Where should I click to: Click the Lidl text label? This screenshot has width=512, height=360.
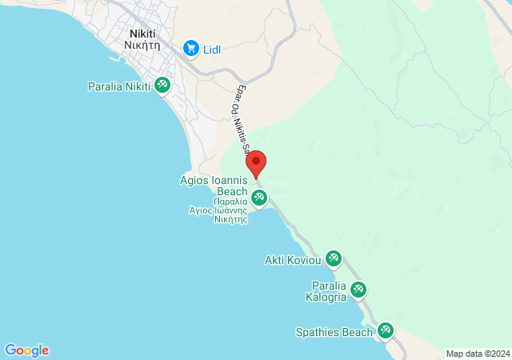tap(212, 50)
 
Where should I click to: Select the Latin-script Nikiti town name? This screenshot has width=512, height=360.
tap(145, 34)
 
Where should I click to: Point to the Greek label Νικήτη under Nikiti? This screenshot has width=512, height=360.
tap(145, 46)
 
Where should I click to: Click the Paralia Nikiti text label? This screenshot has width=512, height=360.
tap(119, 86)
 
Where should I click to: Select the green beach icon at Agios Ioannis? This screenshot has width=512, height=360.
tap(259, 198)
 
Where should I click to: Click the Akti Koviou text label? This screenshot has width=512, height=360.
tap(293, 260)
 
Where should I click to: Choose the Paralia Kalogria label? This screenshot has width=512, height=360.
tap(329, 291)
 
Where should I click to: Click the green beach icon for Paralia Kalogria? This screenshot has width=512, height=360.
tap(358, 289)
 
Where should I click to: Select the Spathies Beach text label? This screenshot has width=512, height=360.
tap(334, 332)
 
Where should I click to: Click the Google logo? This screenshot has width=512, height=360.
tap(26, 350)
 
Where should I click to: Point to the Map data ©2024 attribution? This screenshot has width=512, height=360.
tap(478, 354)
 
